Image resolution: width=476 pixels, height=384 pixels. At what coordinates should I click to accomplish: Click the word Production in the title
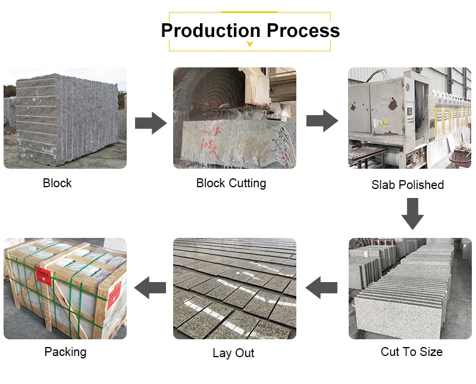pyautogui.click(x=211, y=30)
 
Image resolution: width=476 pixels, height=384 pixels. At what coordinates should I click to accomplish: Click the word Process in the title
pyautogui.click(x=303, y=30)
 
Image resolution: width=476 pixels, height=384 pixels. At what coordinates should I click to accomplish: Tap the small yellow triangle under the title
pyautogui.click(x=250, y=44)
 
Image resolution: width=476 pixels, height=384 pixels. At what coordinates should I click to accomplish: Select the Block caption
pyautogui.click(x=57, y=183)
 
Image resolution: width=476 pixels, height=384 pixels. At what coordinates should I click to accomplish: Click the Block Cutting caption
pyautogui.click(x=231, y=183)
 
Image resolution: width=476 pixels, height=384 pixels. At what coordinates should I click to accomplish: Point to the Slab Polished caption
pyautogui.click(x=408, y=185)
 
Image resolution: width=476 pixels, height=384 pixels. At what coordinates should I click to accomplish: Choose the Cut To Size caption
pyautogui.click(x=412, y=352)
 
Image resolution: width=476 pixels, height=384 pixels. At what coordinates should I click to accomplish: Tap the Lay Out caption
pyautogui.click(x=233, y=353)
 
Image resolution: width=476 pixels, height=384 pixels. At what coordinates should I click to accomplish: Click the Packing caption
pyautogui.click(x=65, y=352)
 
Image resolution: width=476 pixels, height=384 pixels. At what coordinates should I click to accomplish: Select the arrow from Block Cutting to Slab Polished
pyautogui.click(x=322, y=120)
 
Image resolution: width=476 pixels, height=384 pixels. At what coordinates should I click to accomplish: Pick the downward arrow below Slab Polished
pyautogui.click(x=412, y=213)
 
